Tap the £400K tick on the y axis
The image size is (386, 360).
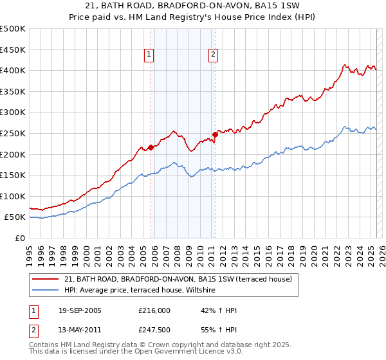click(x=13, y=70)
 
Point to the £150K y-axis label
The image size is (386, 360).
click(x=13, y=175)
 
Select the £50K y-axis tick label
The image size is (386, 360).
click(x=15, y=217)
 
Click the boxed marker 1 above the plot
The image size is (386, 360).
click(x=149, y=55)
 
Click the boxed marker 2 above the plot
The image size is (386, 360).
click(x=212, y=55)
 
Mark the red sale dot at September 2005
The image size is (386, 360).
click(x=151, y=147)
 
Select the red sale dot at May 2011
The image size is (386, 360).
click(x=215, y=134)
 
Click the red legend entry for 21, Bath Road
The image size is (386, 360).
click(x=178, y=279)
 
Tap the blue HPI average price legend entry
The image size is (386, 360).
click(x=143, y=291)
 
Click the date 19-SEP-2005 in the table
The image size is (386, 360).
click(x=80, y=310)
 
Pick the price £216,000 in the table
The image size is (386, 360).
click(x=154, y=310)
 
